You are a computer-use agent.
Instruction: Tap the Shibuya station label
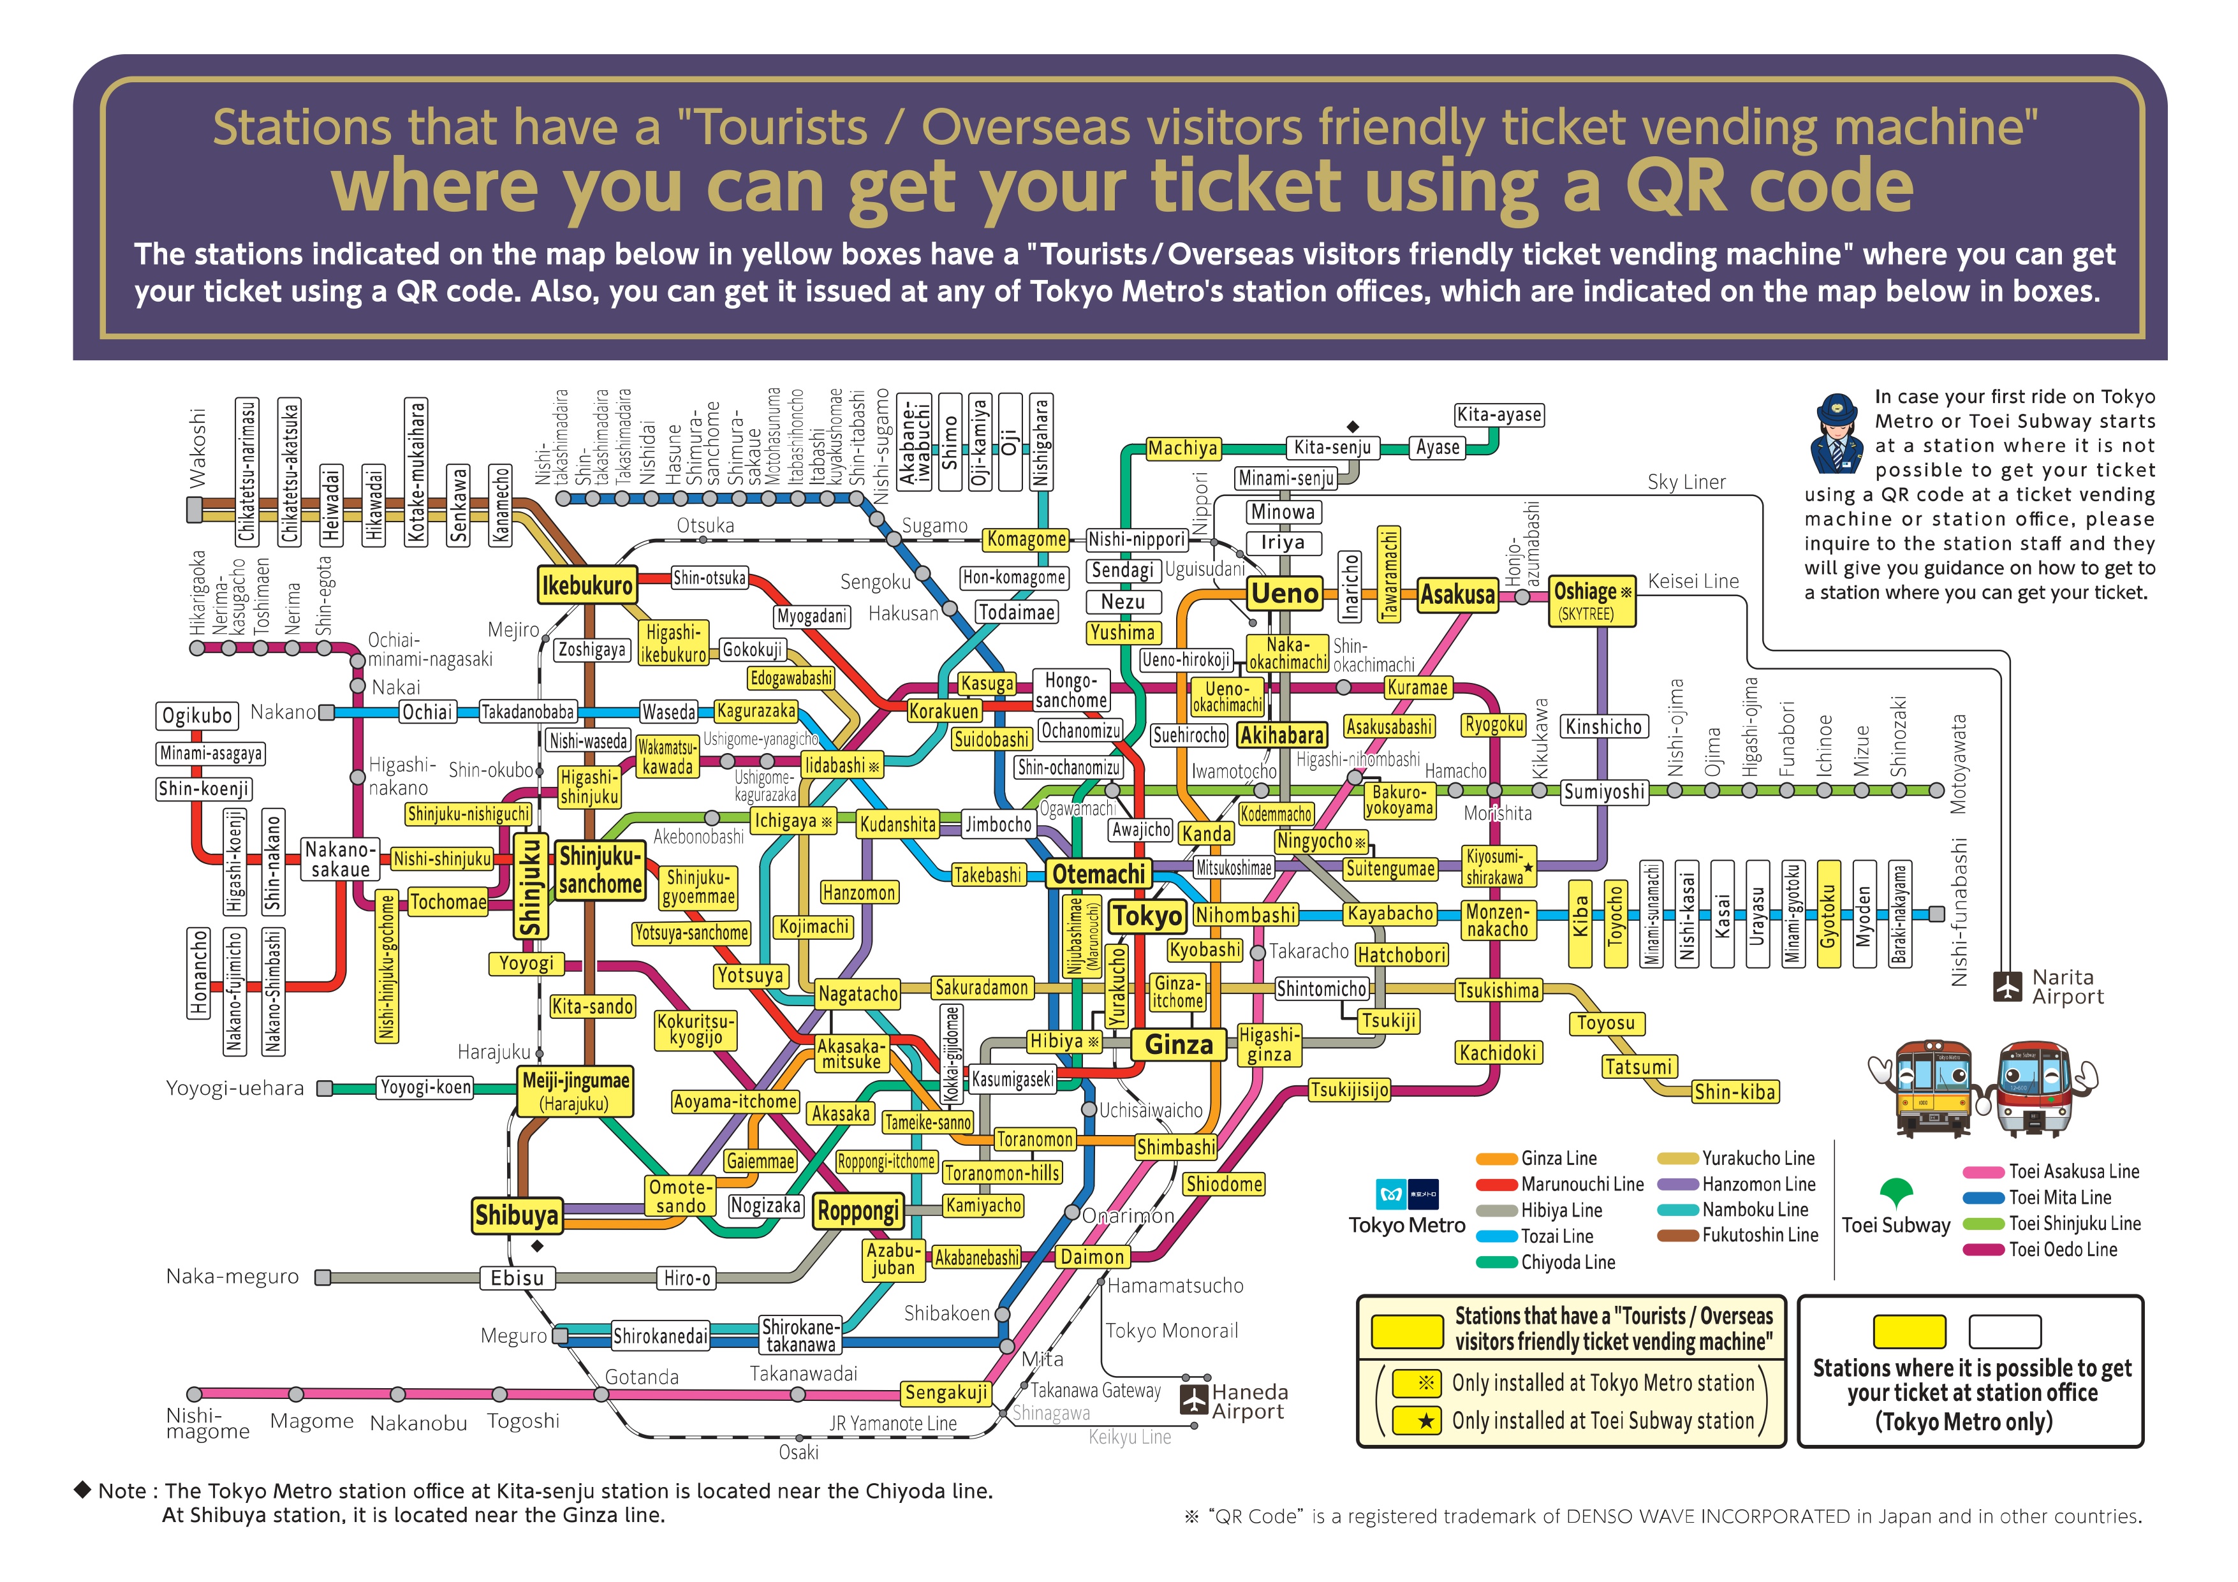[517, 1215]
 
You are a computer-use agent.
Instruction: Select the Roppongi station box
[858, 1211]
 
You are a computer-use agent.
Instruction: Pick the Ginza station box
[1179, 1045]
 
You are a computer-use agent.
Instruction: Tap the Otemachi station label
[1098, 874]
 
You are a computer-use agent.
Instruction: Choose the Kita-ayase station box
[1498, 415]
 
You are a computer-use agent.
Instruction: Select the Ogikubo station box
[197, 715]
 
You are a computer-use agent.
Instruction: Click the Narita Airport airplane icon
[2007, 986]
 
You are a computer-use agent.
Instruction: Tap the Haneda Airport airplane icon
[1194, 1400]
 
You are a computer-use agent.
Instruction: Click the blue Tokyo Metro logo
[1391, 1194]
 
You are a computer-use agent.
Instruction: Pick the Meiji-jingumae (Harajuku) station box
[575, 1092]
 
